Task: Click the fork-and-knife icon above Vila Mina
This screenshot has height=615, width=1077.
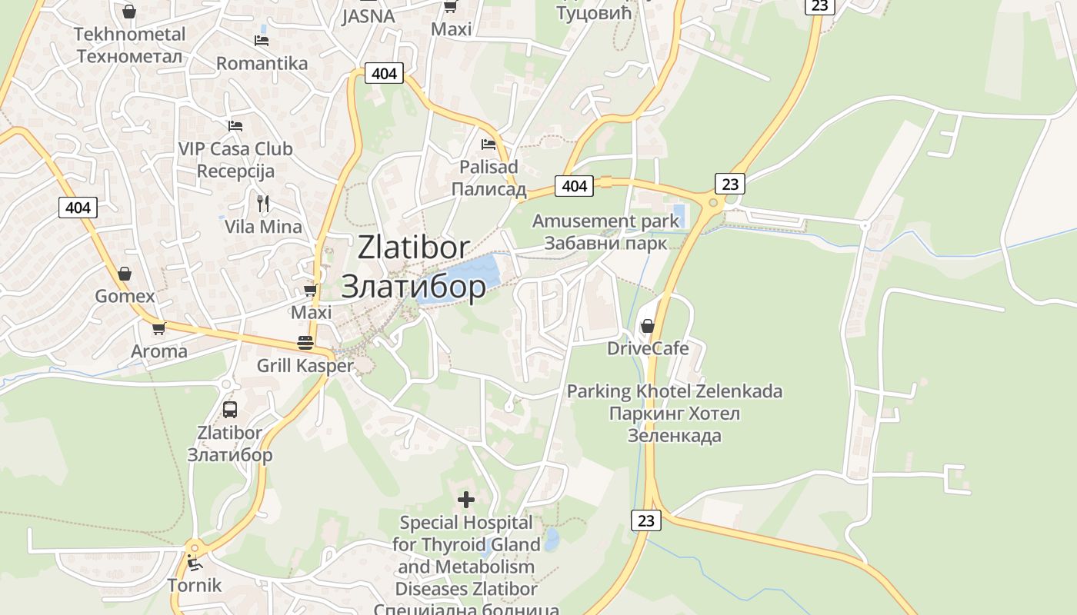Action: click(263, 203)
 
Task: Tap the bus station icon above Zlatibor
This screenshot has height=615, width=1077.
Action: click(230, 409)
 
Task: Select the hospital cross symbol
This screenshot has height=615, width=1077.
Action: click(466, 500)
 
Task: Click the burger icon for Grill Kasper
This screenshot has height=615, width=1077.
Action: click(305, 343)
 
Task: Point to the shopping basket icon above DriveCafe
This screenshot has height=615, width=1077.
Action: click(648, 326)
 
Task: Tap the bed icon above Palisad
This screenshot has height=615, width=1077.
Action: click(488, 144)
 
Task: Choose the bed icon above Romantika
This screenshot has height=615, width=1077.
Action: click(262, 40)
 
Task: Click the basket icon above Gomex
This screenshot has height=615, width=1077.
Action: click(125, 274)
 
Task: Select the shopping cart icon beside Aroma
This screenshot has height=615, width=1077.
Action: click(158, 328)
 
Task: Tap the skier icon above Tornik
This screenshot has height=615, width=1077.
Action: click(194, 563)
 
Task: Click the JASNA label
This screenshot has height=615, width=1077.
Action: click(368, 16)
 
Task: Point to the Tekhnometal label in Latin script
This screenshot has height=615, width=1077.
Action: click(130, 34)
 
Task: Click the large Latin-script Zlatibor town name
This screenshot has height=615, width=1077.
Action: click(414, 248)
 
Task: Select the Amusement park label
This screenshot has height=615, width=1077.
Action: click(605, 221)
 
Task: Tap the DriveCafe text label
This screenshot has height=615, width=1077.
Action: click(648, 348)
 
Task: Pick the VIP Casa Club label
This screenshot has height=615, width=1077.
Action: click(235, 148)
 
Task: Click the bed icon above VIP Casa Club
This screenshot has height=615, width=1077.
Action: click(235, 125)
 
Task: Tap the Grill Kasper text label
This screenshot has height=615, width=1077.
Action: click(305, 365)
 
